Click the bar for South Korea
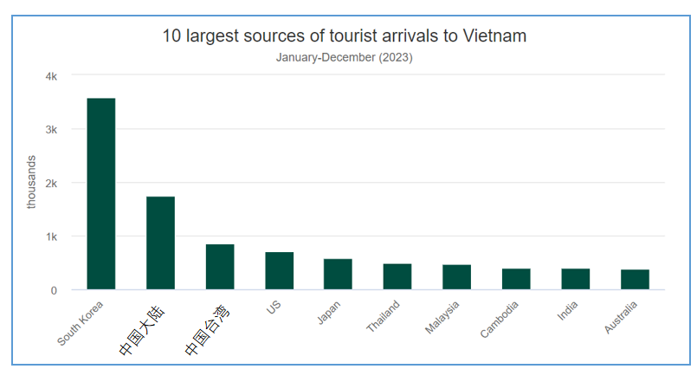point(101,194)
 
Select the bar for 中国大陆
point(160,243)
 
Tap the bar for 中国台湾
point(220,267)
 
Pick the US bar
point(279,271)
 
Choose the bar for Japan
point(338,275)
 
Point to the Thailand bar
point(397,276)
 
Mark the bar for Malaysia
point(456,277)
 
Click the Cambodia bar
point(516,279)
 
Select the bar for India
point(575,279)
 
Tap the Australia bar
point(635,280)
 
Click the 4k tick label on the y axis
point(52,76)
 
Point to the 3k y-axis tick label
point(52,130)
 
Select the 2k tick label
point(52,184)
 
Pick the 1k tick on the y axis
point(52,236)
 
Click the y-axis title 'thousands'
point(32,182)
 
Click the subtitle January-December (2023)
point(344,58)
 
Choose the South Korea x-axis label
point(81,322)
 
